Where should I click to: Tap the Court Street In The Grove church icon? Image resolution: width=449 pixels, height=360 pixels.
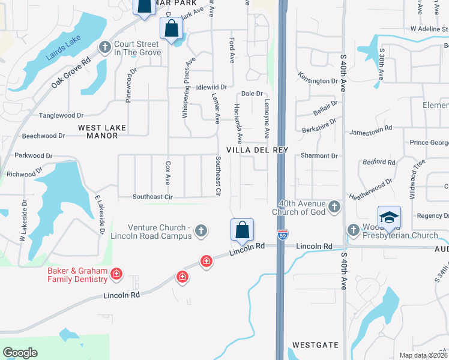pyautogui.click(x=106, y=47)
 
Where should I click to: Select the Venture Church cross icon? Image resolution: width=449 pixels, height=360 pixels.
pyautogui.click(x=201, y=230)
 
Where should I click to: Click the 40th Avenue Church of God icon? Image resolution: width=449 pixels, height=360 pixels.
pyautogui.click(x=335, y=208)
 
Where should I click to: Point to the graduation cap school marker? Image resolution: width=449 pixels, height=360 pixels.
pyautogui.click(x=389, y=217)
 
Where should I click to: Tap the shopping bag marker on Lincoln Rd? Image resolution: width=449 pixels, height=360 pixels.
pyautogui.click(x=243, y=230)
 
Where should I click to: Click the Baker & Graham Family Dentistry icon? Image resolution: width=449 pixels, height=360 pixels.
pyautogui.click(x=116, y=275)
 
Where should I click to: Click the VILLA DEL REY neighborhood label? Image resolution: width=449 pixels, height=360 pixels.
pyautogui.click(x=258, y=150)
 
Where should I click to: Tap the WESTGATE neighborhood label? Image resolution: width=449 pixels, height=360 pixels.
pyautogui.click(x=315, y=346)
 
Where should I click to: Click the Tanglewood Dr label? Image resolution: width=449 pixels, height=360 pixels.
pyautogui.click(x=61, y=115)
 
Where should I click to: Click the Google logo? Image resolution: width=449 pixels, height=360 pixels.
pyautogui.click(x=20, y=353)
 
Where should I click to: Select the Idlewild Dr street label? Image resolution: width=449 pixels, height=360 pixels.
pyautogui.click(x=211, y=88)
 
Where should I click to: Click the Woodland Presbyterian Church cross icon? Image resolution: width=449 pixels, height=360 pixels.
pyautogui.click(x=354, y=230)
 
